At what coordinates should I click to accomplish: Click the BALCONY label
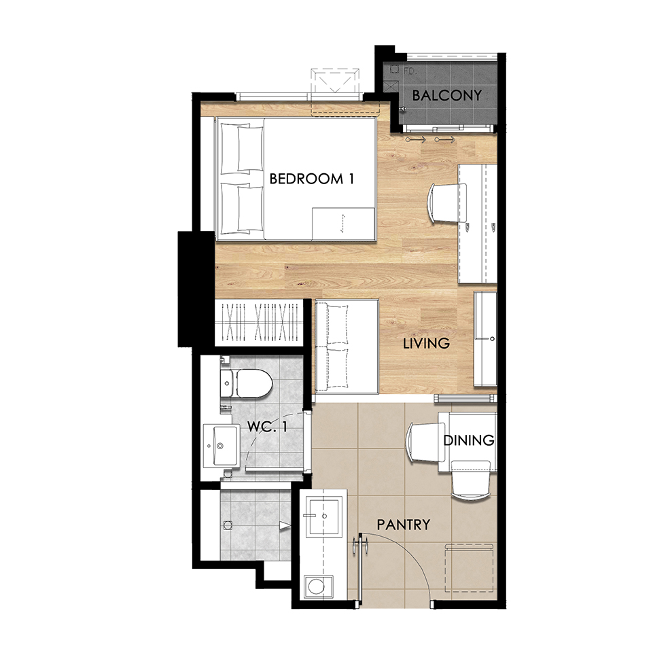pos(446,95)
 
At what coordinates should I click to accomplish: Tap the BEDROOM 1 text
pos(312,179)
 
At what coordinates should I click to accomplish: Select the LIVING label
pos(427,343)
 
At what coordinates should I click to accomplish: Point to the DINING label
pos(469,440)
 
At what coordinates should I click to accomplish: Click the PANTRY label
pos(404,525)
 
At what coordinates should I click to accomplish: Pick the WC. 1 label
pos(267,426)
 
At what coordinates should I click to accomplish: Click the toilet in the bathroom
pos(247,383)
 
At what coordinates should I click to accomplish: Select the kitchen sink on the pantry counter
pos(325,515)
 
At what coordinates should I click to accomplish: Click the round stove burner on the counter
pos(317,586)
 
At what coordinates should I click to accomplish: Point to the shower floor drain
pos(228,525)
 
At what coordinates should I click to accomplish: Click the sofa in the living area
pos(347,347)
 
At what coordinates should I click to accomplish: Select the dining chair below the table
pos(470,480)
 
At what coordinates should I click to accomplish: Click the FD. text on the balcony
pos(409,71)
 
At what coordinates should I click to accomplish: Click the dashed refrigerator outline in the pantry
pos(469,568)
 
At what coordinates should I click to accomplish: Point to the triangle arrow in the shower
pos(285,525)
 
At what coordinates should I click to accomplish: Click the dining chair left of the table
pos(427,442)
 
